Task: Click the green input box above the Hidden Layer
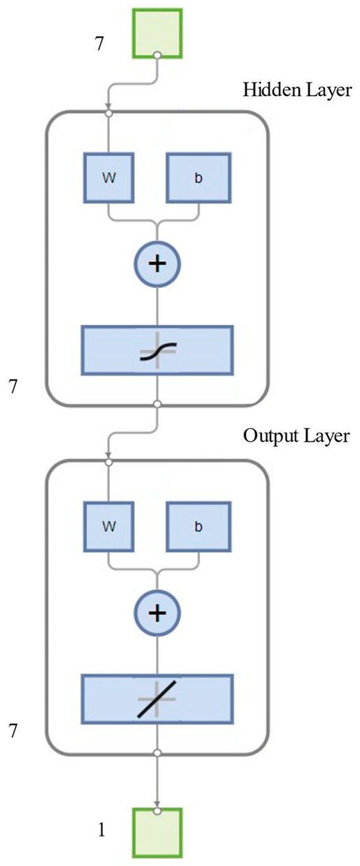[157, 33]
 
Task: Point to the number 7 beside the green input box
[99, 45]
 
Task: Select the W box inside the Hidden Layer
[109, 177]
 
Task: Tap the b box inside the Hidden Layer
[198, 177]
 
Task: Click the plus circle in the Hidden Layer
[157, 264]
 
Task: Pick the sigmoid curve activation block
[157, 350]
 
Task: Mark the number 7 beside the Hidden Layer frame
[11, 386]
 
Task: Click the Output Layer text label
[297, 436]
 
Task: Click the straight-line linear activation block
[157, 699]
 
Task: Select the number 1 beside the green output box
[101, 831]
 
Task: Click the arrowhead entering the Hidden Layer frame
[109, 107]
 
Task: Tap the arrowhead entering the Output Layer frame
[109, 456]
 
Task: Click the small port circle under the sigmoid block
[157, 405]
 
